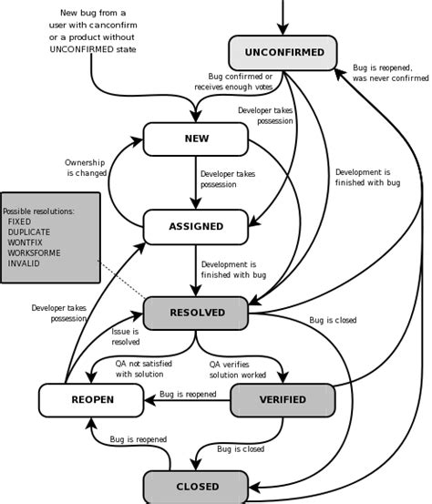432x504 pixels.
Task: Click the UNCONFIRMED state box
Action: (283, 53)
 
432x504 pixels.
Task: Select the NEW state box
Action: (196, 139)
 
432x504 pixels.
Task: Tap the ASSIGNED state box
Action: (196, 226)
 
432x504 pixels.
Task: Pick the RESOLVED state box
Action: (196, 313)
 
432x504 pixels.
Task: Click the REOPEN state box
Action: (91, 399)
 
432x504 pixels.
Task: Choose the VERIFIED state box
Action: (283, 399)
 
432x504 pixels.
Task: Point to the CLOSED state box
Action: (196, 487)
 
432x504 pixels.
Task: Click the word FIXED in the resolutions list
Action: (19, 221)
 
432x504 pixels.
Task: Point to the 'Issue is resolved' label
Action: (126, 337)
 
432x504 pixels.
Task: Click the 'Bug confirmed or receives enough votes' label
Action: (240, 82)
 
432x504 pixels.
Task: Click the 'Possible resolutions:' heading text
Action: (39, 211)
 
